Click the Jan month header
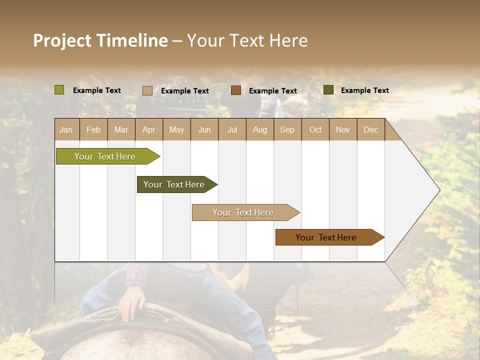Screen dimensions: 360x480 pyautogui.click(x=66, y=129)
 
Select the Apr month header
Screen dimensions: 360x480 pyautogui.click(x=148, y=129)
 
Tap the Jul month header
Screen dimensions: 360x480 pyautogui.click(x=232, y=129)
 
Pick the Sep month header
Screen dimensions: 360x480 pyautogui.click(x=287, y=129)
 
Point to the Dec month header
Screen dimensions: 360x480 pyautogui.click(x=370, y=129)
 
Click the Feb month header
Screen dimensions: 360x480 pyautogui.click(x=93, y=129)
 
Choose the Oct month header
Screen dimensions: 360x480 pyautogui.click(x=315, y=129)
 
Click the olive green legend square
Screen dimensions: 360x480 pyautogui.click(x=59, y=90)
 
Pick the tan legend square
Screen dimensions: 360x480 pyautogui.click(x=147, y=90)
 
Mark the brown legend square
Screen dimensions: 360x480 pyautogui.click(x=236, y=90)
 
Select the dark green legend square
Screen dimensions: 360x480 pyautogui.click(x=328, y=90)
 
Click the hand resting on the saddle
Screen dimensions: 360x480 pyautogui.click(x=132, y=303)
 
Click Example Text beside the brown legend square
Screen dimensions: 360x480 pyautogui.click(x=272, y=91)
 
